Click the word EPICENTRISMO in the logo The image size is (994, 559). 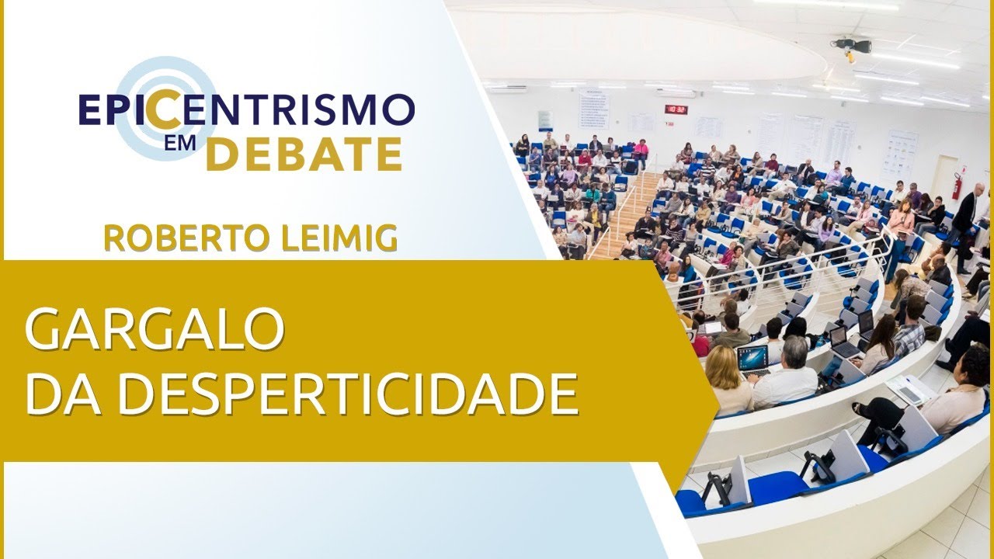tap(247, 110)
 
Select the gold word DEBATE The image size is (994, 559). tap(304, 154)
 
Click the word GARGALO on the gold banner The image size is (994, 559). tap(154, 328)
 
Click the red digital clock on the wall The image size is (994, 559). tap(676, 109)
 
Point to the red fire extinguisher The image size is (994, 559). tap(957, 186)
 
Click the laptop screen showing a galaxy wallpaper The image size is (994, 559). tap(752, 358)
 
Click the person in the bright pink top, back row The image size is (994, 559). tap(641, 150)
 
